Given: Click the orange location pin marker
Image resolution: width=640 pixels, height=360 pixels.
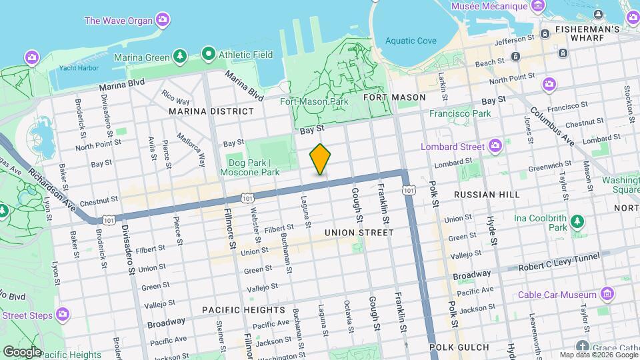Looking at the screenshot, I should [x=320, y=159].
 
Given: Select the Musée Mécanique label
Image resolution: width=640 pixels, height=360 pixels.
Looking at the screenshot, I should [x=489, y=6].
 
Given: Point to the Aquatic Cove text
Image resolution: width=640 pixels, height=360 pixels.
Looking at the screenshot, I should [x=411, y=41].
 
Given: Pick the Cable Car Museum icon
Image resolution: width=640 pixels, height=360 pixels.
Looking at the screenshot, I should [x=607, y=294].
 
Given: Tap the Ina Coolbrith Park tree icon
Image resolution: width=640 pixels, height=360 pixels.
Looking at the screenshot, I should [x=577, y=221].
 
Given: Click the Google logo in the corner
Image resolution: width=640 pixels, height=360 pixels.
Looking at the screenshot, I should [x=21, y=351].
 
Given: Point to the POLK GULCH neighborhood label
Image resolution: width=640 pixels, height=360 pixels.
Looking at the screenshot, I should [x=459, y=347].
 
